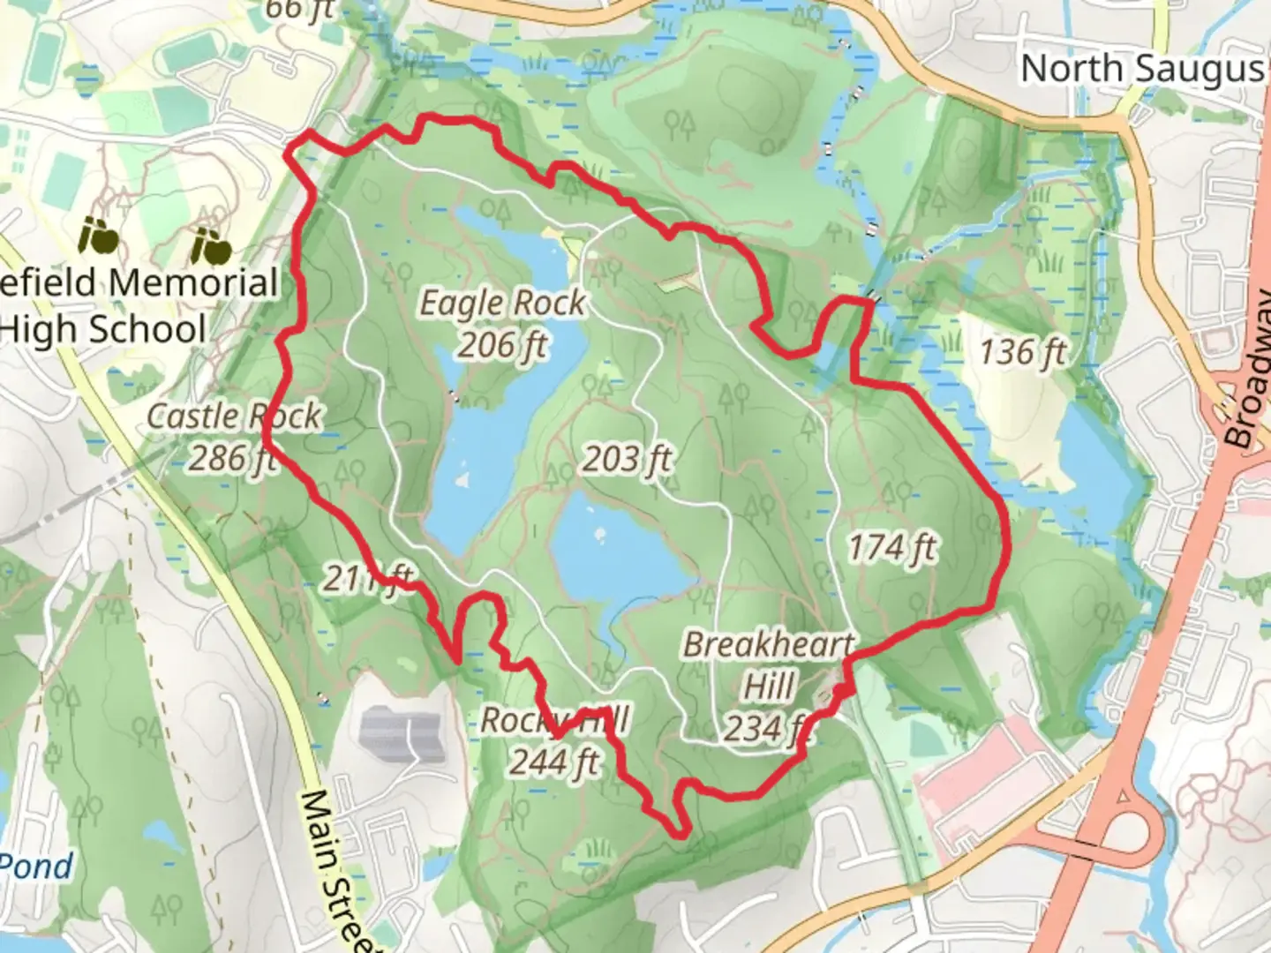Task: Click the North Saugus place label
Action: (x=1143, y=68)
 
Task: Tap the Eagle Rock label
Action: (x=501, y=303)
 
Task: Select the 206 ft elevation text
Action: (x=502, y=344)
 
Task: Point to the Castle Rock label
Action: (x=234, y=416)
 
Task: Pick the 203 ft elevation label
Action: (x=627, y=459)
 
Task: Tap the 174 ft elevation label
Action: (x=891, y=548)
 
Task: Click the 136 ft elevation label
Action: (x=1022, y=352)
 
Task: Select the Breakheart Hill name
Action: (x=769, y=644)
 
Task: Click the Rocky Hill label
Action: (x=554, y=720)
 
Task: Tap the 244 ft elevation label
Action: (x=554, y=761)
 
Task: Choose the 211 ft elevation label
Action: (x=367, y=579)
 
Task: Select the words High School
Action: (x=104, y=329)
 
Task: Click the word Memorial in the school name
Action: (x=193, y=283)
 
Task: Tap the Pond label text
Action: (x=37, y=866)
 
